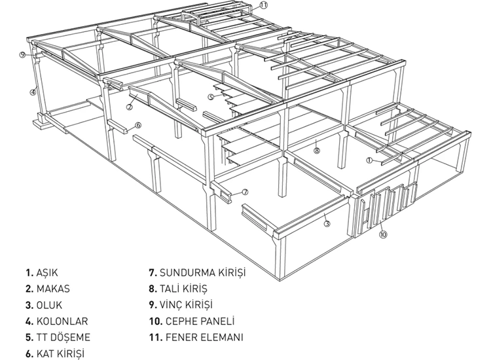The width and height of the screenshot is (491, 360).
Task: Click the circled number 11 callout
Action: pos(264,5)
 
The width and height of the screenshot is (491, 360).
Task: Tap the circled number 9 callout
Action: pos(22,55)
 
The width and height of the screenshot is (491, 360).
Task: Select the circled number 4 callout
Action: pos(33,92)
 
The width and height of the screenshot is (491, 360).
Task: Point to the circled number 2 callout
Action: pos(129,107)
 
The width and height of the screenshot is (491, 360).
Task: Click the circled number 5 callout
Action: pos(211,97)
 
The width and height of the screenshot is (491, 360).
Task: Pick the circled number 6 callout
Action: pos(138,126)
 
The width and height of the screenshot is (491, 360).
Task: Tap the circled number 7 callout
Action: pos(245,192)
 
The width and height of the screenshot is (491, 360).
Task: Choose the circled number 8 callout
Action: pos(317,151)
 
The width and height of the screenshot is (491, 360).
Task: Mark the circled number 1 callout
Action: pos(369,160)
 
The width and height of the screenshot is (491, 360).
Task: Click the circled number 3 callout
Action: pos(327,223)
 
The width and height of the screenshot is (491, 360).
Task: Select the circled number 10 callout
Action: pos(383,234)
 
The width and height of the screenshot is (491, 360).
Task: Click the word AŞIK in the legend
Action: pos(47,273)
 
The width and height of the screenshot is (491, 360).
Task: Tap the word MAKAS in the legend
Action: pos(53,289)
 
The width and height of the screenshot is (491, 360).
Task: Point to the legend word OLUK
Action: pos(49,305)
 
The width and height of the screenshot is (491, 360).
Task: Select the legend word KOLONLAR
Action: pos(62,321)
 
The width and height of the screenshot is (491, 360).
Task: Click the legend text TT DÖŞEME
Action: pos(64,337)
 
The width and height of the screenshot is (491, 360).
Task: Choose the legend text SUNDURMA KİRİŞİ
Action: pos(202,273)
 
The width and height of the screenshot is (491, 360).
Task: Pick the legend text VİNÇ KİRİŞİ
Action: pos(186,305)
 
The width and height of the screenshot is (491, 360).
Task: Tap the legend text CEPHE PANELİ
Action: pos(200,321)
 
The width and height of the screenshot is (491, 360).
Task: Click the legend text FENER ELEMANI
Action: pos(204,337)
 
